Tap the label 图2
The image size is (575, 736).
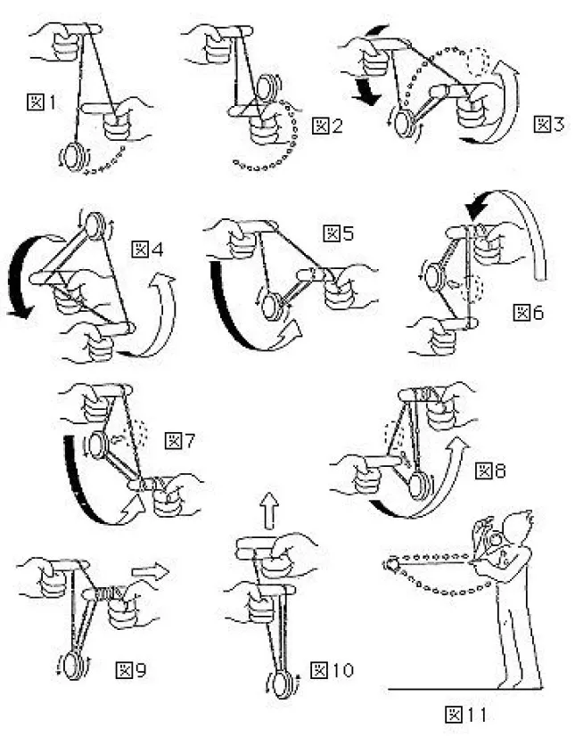tap(325, 126)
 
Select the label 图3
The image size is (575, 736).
tap(548, 124)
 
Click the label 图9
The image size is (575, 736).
tap(131, 667)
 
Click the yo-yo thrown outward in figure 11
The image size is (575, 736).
tap(393, 563)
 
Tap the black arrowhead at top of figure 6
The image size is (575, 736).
tap(476, 210)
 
